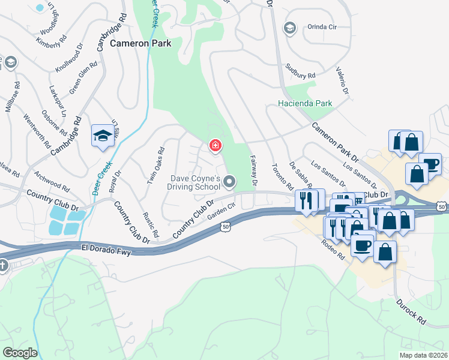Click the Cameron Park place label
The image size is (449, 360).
pos(140,43)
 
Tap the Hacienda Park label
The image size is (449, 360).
pos(306,103)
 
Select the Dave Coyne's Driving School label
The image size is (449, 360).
pos(196,182)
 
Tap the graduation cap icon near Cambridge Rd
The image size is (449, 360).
pos(103,136)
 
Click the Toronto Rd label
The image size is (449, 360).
pos(281,176)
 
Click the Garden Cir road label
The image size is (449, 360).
pos(220,214)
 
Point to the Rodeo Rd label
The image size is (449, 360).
pos(333,248)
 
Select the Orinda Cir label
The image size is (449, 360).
pos(322,27)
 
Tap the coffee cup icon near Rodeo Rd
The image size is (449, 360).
pos(363,245)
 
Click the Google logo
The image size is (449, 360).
pos(20,353)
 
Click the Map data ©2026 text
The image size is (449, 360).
pos(423,355)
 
